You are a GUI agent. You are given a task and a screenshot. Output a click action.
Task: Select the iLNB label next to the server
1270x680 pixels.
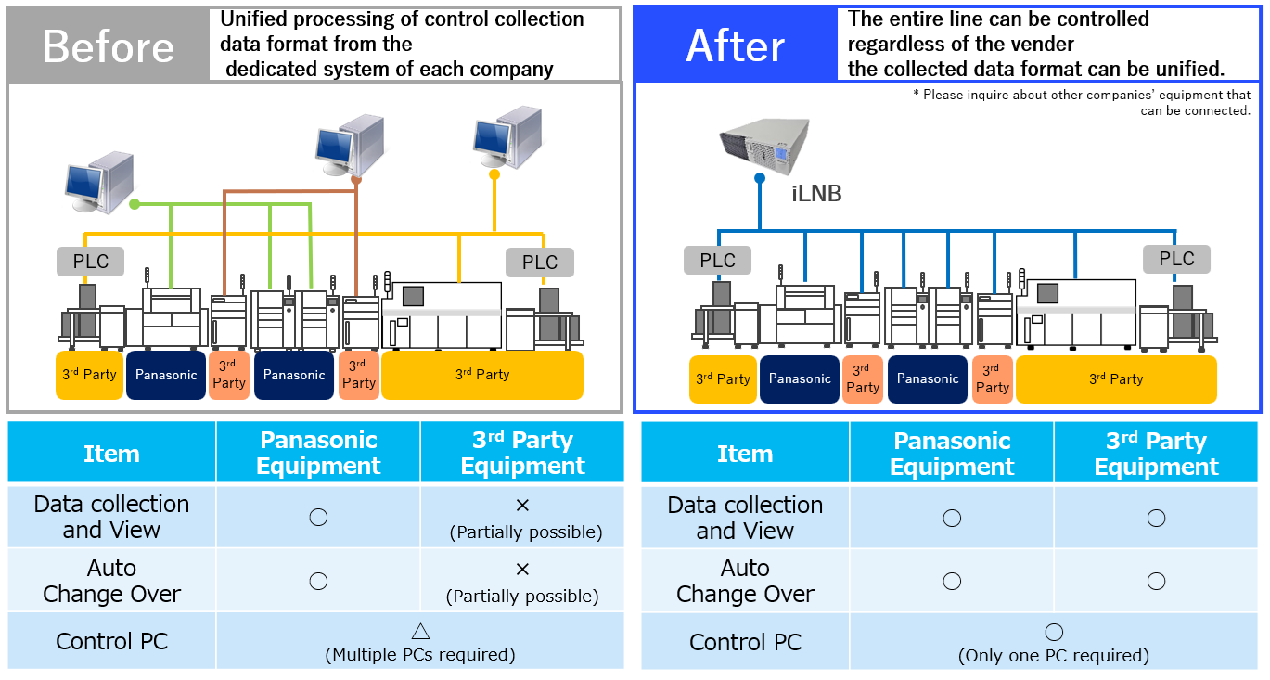click(x=816, y=194)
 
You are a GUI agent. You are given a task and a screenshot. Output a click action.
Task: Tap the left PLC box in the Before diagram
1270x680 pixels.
click(x=91, y=262)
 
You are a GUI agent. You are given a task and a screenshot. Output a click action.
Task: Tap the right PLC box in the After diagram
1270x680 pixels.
click(x=1176, y=259)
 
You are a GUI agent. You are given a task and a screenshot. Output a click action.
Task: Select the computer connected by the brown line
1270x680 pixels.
click(x=348, y=144)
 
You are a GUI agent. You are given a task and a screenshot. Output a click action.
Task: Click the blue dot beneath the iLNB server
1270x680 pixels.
click(x=760, y=178)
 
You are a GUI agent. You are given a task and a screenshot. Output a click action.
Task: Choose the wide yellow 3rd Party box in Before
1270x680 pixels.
click(x=482, y=375)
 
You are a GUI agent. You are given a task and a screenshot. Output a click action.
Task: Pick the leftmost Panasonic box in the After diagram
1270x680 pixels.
click(x=800, y=379)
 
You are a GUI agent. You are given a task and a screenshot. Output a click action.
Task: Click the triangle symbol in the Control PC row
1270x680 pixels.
click(x=420, y=631)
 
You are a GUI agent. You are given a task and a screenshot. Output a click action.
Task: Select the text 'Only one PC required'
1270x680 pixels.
click(x=1053, y=656)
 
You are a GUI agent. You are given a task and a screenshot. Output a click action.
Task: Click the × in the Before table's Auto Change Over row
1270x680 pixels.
click(x=522, y=569)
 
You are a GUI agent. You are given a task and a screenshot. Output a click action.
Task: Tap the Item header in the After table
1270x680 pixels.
click(x=745, y=454)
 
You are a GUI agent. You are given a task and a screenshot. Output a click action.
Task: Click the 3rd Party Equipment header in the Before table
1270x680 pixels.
click(x=522, y=453)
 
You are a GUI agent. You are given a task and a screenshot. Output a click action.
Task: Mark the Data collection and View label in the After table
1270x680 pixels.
click(x=745, y=518)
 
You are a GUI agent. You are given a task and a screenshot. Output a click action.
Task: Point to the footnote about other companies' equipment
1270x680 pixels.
click(x=1085, y=102)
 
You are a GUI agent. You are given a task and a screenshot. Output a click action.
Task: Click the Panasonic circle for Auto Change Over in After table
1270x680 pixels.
click(x=952, y=581)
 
